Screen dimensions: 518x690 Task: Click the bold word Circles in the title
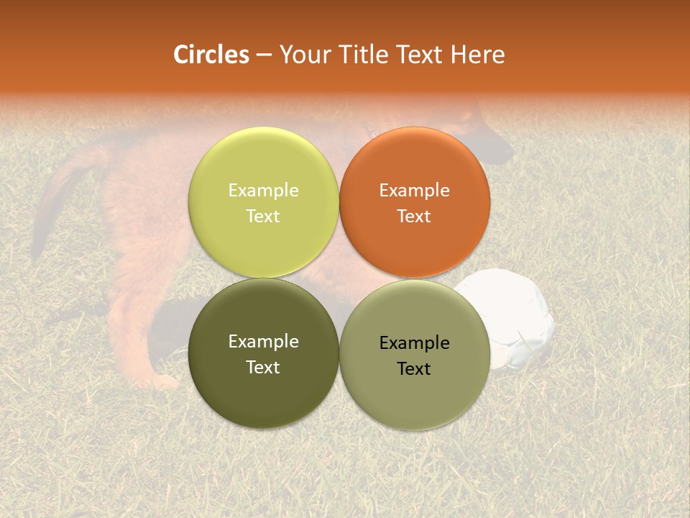pos(211,55)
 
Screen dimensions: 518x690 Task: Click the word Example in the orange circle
pos(414,190)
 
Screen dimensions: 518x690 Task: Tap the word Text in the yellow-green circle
pos(263,216)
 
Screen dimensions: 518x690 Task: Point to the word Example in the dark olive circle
pos(263,341)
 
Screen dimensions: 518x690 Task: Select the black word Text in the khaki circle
pos(414,368)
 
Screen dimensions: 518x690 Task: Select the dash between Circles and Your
pos(264,55)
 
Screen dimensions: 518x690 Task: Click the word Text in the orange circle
pos(414,216)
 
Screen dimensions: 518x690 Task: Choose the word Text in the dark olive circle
pos(263,367)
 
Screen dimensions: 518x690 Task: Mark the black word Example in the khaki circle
pos(414,342)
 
